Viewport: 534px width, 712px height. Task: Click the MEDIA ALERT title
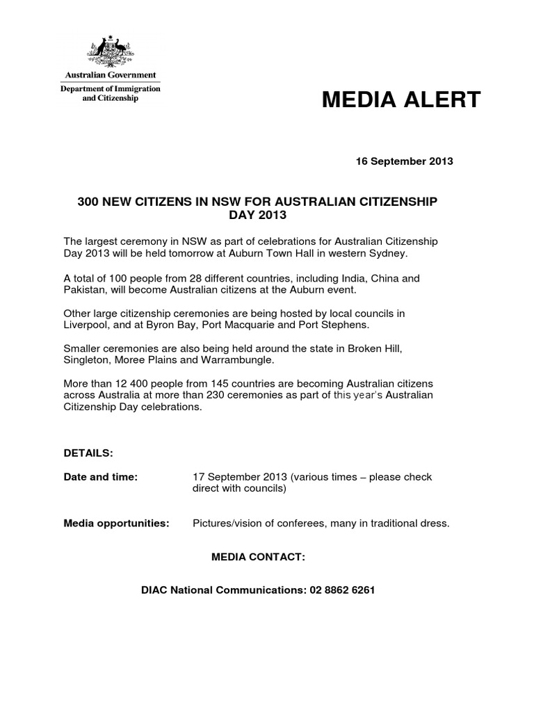click(401, 100)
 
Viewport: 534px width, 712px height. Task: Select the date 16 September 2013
click(404, 161)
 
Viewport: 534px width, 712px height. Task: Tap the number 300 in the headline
click(89, 202)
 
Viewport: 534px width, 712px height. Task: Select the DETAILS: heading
click(88, 453)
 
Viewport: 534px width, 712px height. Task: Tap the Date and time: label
click(101, 477)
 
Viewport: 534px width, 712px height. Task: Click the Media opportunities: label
click(116, 523)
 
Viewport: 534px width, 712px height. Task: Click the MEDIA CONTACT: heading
click(258, 557)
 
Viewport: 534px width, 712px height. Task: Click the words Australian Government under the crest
click(111, 75)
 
